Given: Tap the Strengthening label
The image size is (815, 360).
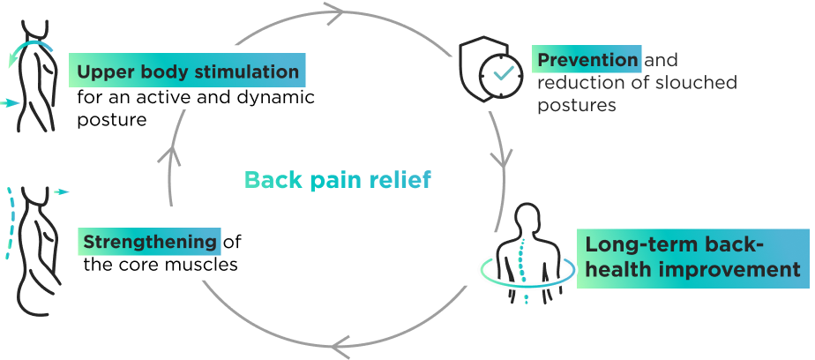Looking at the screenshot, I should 150,241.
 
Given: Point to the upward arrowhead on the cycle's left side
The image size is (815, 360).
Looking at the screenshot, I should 169,156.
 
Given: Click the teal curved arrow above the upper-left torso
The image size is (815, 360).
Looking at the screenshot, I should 30,48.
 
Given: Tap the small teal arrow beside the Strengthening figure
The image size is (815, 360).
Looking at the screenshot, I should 60,191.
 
